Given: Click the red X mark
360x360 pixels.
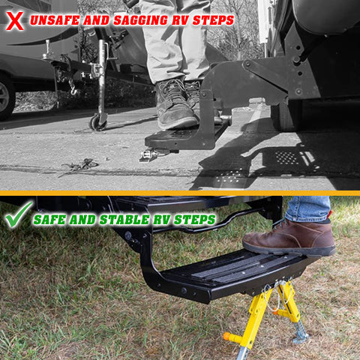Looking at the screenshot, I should coord(13,19).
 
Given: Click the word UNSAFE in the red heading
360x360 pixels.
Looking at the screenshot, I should coord(58,20).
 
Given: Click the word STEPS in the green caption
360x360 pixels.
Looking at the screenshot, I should coord(194,220).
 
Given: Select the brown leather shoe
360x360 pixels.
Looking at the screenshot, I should coord(289,238).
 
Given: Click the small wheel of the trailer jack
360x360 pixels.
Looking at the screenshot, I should coord(97,122).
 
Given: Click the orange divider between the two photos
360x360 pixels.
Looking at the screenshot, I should coord(180,193).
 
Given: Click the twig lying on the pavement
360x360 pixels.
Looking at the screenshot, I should coord(79,166).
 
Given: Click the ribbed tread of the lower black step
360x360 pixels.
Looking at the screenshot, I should coord(225,266).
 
